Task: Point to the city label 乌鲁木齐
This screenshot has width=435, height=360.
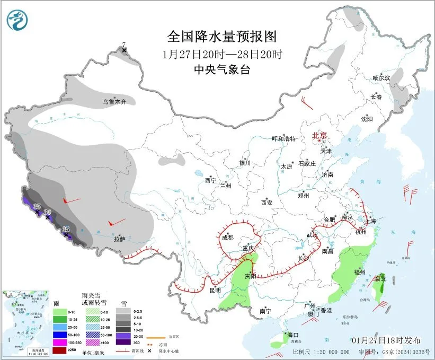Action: click(x=115, y=101)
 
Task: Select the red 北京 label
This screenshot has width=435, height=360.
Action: click(x=320, y=135)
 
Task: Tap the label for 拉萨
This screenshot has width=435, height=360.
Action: click(x=120, y=239)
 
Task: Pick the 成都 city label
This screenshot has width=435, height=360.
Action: click(x=227, y=238)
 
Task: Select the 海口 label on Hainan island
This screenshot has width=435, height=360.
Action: click(x=294, y=335)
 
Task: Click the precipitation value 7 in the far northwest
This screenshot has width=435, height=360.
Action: click(x=124, y=45)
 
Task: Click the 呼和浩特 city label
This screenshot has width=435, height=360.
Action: click(x=284, y=139)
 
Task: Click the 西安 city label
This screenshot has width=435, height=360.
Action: click(x=267, y=203)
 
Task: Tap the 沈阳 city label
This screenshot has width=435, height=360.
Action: click(x=367, y=119)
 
